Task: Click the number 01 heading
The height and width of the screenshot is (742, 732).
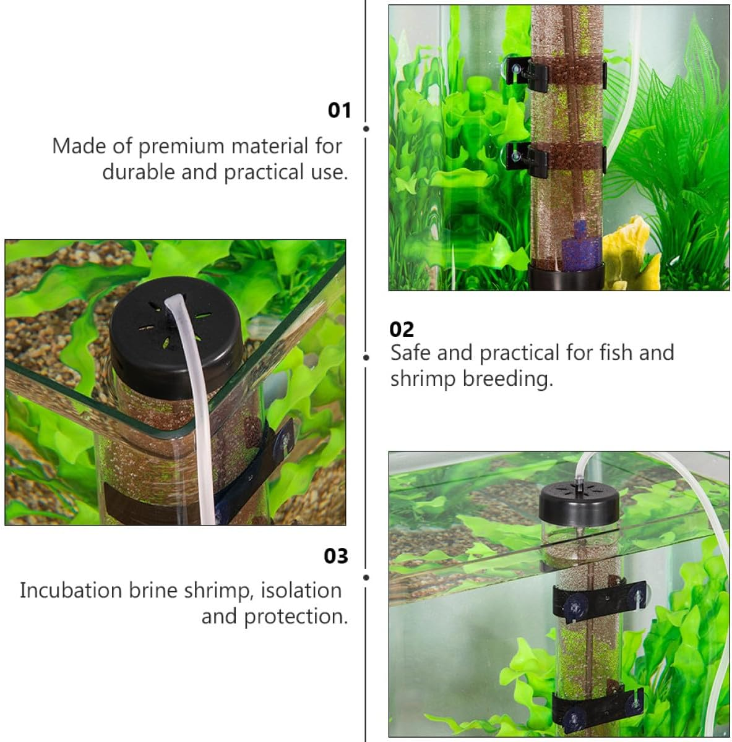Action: click(339, 110)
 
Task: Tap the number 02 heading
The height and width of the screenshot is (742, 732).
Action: click(402, 330)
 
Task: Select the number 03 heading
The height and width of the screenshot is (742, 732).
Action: click(336, 556)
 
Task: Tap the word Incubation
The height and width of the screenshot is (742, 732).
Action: click(71, 591)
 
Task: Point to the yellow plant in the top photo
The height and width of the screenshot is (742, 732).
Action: click(626, 253)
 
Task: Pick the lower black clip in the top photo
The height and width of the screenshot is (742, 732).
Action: click(526, 158)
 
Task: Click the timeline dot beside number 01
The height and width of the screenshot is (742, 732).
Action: click(366, 129)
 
